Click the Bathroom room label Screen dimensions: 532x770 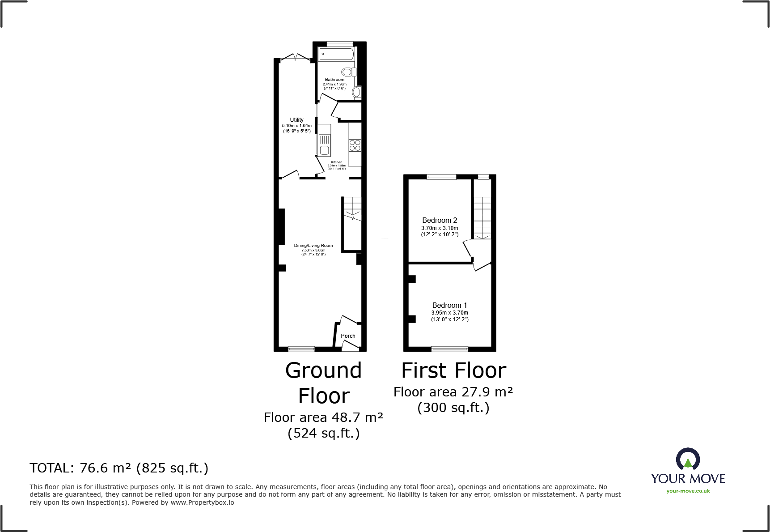(x=334, y=80)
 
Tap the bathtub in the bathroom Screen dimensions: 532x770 (x=337, y=55)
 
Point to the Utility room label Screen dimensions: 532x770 (x=296, y=120)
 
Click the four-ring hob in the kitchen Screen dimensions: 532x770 (x=355, y=145)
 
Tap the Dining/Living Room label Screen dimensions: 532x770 (x=313, y=246)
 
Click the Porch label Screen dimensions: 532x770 (x=348, y=336)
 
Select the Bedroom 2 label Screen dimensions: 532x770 (x=440, y=220)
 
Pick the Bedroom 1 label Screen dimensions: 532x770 (x=449, y=305)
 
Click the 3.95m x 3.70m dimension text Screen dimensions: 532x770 (x=449, y=313)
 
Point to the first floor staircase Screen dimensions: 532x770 (x=482, y=217)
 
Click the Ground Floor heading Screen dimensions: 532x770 (x=324, y=383)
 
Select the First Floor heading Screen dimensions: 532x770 (x=453, y=370)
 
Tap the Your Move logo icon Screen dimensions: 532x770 (x=688, y=460)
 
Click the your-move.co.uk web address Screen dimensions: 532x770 (x=688, y=491)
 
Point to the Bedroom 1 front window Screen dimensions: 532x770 (x=449, y=349)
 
